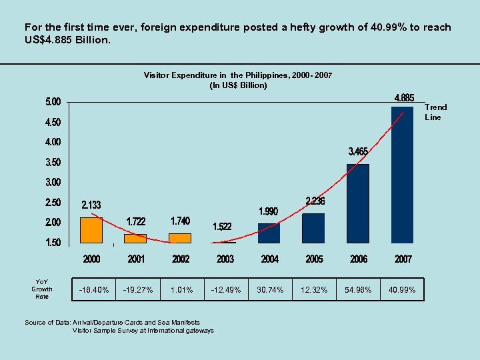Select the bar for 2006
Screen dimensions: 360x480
[358, 203]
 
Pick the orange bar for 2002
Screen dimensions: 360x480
[180, 238]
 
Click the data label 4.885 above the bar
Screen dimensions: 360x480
[404, 97]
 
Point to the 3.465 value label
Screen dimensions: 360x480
[358, 151]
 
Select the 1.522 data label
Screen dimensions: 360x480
[222, 227]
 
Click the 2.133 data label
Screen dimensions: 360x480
[91, 205]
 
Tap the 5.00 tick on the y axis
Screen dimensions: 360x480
[53, 102]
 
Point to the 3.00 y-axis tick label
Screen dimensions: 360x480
[53, 182]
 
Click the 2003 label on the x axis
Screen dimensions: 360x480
[225, 259]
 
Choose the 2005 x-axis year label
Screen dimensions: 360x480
[314, 259]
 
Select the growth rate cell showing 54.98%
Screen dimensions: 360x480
[358, 289]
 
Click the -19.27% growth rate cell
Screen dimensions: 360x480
[138, 289]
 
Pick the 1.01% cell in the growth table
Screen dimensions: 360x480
[181, 289]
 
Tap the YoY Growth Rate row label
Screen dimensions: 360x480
[42, 289]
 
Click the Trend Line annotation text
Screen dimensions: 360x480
[435, 112]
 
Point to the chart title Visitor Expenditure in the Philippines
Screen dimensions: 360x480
[238, 75]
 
